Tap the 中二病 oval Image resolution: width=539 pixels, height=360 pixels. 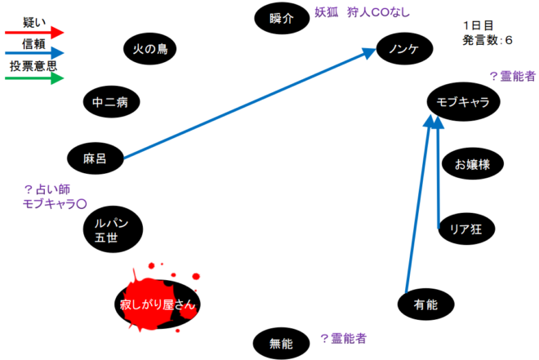click(111, 102)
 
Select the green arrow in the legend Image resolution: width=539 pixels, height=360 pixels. click(33, 78)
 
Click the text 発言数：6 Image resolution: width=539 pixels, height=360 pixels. click(488, 39)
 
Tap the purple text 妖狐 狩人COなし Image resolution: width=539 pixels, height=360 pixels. click(362, 12)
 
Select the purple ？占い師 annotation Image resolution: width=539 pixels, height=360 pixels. click(47, 189)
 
